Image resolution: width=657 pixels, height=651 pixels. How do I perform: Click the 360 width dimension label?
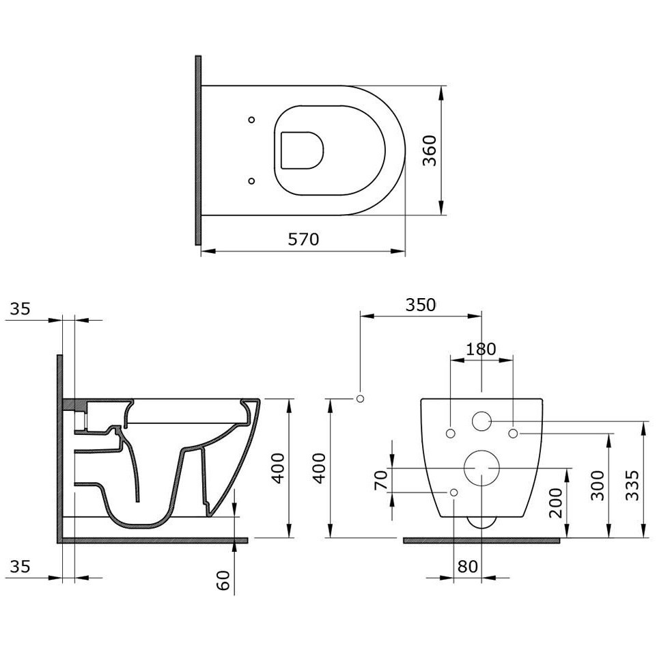coord(430,150)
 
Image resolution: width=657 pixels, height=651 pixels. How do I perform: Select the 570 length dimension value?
coord(303,239)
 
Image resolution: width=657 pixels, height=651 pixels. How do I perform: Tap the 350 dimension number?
coord(420,305)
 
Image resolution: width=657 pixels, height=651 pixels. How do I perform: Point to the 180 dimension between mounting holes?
coord(481,349)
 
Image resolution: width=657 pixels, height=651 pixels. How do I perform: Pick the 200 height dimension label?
coord(556,503)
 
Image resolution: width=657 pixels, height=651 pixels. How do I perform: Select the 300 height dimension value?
coord(598,486)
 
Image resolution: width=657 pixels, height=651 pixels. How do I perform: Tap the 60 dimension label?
coord(224,581)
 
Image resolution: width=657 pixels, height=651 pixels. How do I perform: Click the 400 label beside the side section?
coord(279,468)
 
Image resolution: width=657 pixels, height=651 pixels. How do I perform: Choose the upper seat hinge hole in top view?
coord(251,120)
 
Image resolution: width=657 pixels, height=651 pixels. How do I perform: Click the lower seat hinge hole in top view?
coord(251,181)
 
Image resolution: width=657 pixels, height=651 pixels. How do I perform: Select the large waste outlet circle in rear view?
coord(481,468)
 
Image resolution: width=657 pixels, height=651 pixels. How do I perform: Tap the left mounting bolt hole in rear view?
coord(450,433)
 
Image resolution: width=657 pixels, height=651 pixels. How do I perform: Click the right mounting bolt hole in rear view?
coord(514,433)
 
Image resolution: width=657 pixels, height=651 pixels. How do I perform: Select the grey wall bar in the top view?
coord(198,150)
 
